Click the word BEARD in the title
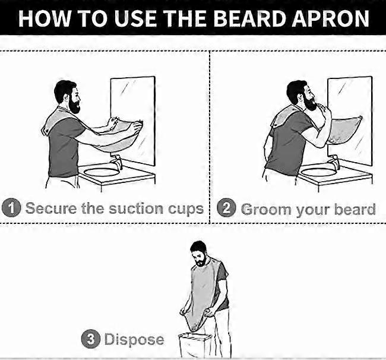click(x=249, y=18)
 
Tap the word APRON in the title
click(x=330, y=18)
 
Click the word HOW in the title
click(x=44, y=18)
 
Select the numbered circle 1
click(x=11, y=207)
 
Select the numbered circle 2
click(x=226, y=207)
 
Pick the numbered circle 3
click(x=91, y=339)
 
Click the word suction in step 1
click(x=136, y=209)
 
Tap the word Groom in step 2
click(x=266, y=210)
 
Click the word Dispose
click(x=134, y=340)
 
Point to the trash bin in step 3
click(x=194, y=345)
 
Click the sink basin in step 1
click(x=102, y=172)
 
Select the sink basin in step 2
click(x=318, y=172)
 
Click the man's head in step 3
click(x=199, y=253)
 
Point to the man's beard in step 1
click(x=74, y=105)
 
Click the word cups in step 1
click(x=186, y=209)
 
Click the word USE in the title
click(x=135, y=18)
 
